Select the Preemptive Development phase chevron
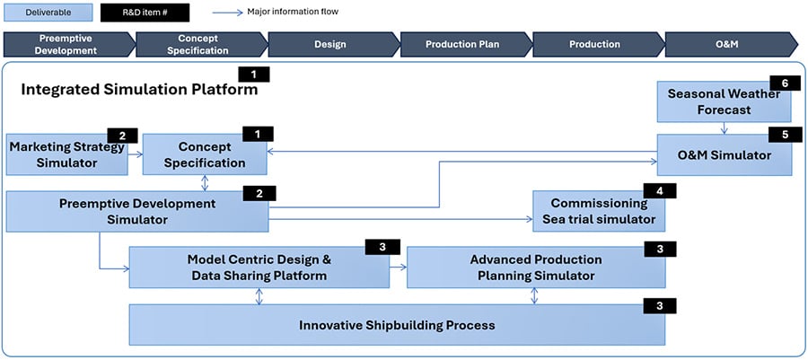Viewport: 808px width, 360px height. point(67,44)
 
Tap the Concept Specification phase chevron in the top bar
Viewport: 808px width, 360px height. point(203,44)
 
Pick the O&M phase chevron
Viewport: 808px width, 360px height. point(727,44)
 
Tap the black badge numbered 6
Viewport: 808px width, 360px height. point(785,83)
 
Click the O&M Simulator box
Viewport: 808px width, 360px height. point(724,155)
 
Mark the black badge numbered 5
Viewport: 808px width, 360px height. point(785,135)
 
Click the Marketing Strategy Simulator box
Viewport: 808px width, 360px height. point(65,155)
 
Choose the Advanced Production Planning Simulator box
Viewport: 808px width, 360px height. point(536,268)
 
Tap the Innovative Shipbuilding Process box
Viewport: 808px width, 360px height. point(397,325)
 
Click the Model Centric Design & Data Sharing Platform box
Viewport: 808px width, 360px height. point(259,268)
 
